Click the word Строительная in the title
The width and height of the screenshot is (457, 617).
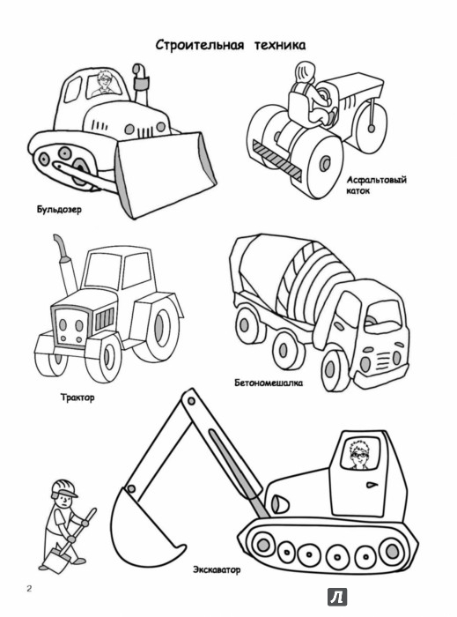(x=200, y=45)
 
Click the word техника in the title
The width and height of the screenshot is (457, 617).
(x=280, y=45)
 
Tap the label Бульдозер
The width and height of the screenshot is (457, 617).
(x=59, y=210)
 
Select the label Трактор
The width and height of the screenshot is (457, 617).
(x=77, y=397)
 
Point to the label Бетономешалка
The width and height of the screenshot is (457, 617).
(x=269, y=383)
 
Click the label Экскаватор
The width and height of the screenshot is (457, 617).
(x=217, y=569)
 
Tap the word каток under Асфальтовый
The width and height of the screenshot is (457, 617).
(x=358, y=191)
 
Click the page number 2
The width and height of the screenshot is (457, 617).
(x=29, y=589)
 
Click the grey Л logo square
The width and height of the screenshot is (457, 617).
(x=337, y=597)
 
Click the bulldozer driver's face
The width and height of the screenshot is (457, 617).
(x=105, y=81)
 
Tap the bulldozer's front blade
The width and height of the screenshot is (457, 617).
(x=166, y=175)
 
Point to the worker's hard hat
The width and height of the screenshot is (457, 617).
(x=63, y=488)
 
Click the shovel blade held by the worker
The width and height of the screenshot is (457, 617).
(x=55, y=560)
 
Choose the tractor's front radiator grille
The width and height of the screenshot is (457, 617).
(x=104, y=318)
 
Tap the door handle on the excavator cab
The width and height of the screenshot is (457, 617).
(x=371, y=485)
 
